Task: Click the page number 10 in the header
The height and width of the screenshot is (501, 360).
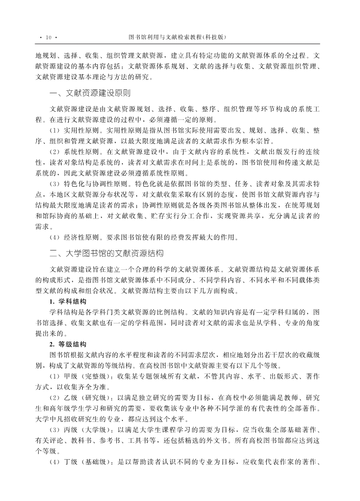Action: [49, 37]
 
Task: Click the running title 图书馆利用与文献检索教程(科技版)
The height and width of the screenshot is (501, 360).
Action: [178, 37]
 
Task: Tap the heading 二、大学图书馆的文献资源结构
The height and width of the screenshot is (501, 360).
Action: [107, 253]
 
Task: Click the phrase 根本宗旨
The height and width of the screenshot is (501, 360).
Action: [261, 141]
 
